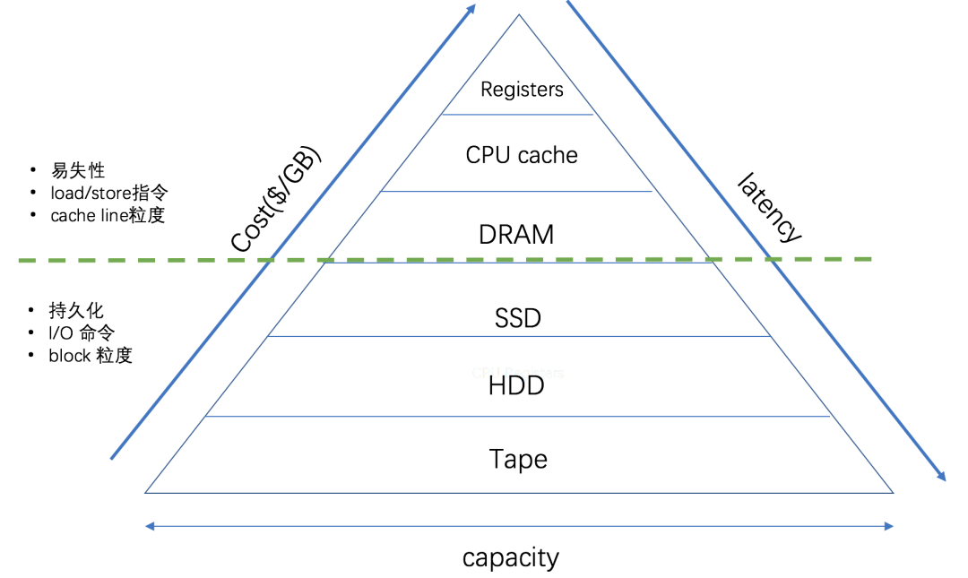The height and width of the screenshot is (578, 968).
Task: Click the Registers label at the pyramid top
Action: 522,90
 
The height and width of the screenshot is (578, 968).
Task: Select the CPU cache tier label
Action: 522,155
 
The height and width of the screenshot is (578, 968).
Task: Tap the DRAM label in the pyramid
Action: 516,235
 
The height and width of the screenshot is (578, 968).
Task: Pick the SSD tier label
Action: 518,318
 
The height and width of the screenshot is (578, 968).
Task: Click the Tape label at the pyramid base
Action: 518,459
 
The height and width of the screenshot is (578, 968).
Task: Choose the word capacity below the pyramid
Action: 511,557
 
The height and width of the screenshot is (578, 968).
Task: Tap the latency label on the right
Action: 768,208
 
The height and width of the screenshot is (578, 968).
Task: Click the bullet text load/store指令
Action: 108,193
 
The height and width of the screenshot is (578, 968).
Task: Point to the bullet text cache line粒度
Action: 108,215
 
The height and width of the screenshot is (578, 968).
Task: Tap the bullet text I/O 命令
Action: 82,332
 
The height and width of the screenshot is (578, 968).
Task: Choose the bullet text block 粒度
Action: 91,355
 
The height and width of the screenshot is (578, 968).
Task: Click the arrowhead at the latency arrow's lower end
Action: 941,477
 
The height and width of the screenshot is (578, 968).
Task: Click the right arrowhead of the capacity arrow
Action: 889,526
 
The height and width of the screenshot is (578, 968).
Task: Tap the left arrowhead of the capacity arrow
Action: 150,526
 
